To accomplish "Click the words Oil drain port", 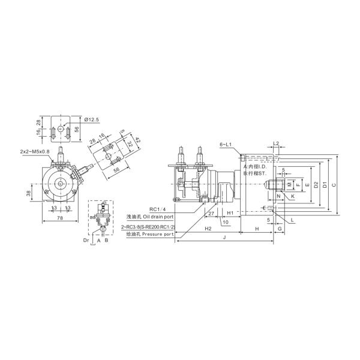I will pyautogui.click(x=158, y=217).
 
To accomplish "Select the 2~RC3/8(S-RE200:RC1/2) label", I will pyautogui.click(x=147, y=227).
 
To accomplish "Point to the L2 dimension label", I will pyautogui.click(x=275, y=144).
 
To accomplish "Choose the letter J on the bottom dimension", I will pyautogui.click(x=224, y=238).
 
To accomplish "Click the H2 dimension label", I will pyautogui.click(x=208, y=229).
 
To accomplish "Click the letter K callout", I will pyautogui.click(x=292, y=196).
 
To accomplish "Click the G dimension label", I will pyautogui.click(x=280, y=229).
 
